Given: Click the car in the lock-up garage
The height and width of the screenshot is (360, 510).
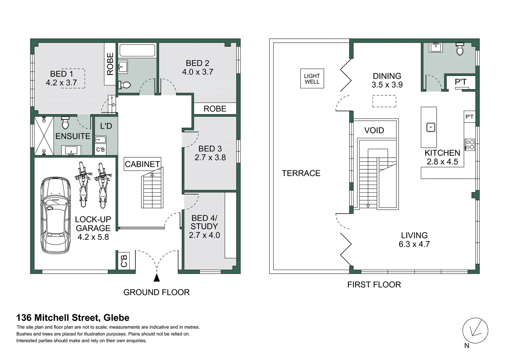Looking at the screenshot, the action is (x=56, y=215).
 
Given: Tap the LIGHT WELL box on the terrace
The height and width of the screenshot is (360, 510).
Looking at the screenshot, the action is (x=312, y=79).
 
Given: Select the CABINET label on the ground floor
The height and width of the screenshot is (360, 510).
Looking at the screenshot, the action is (x=142, y=164).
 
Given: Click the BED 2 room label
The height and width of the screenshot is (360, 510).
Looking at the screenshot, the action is (x=197, y=63).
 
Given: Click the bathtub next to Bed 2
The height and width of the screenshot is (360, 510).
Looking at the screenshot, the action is (x=137, y=50).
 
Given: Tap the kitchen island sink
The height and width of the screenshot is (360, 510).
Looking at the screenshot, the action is (x=431, y=127).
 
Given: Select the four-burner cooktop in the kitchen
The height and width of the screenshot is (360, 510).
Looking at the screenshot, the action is (x=470, y=145).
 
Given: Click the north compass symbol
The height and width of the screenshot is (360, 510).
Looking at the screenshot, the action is (x=475, y=330).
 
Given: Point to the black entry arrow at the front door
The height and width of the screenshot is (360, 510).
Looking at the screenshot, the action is (x=157, y=278).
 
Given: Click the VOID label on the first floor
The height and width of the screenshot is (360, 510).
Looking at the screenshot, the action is (x=374, y=130).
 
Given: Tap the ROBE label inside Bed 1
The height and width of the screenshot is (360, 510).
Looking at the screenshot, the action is (x=110, y=64).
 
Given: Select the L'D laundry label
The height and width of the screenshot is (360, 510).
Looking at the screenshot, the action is (x=106, y=126).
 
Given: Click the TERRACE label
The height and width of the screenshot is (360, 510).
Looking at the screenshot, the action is (x=301, y=173).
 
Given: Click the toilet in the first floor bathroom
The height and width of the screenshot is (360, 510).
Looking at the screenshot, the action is (x=460, y=49).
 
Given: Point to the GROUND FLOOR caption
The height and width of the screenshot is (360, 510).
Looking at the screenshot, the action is (x=156, y=292).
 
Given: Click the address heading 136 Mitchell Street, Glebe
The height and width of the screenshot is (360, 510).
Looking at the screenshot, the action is (x=73, y=318).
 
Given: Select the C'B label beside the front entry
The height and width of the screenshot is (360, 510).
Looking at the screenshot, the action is (x=124, y=261).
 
